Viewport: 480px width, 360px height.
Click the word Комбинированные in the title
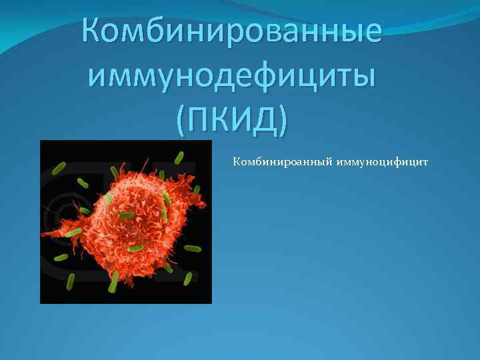[x=232, y=31]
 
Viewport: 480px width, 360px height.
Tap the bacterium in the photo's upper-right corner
[x=179, y=158]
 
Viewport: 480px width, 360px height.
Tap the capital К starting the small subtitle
[x=236, y=161]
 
